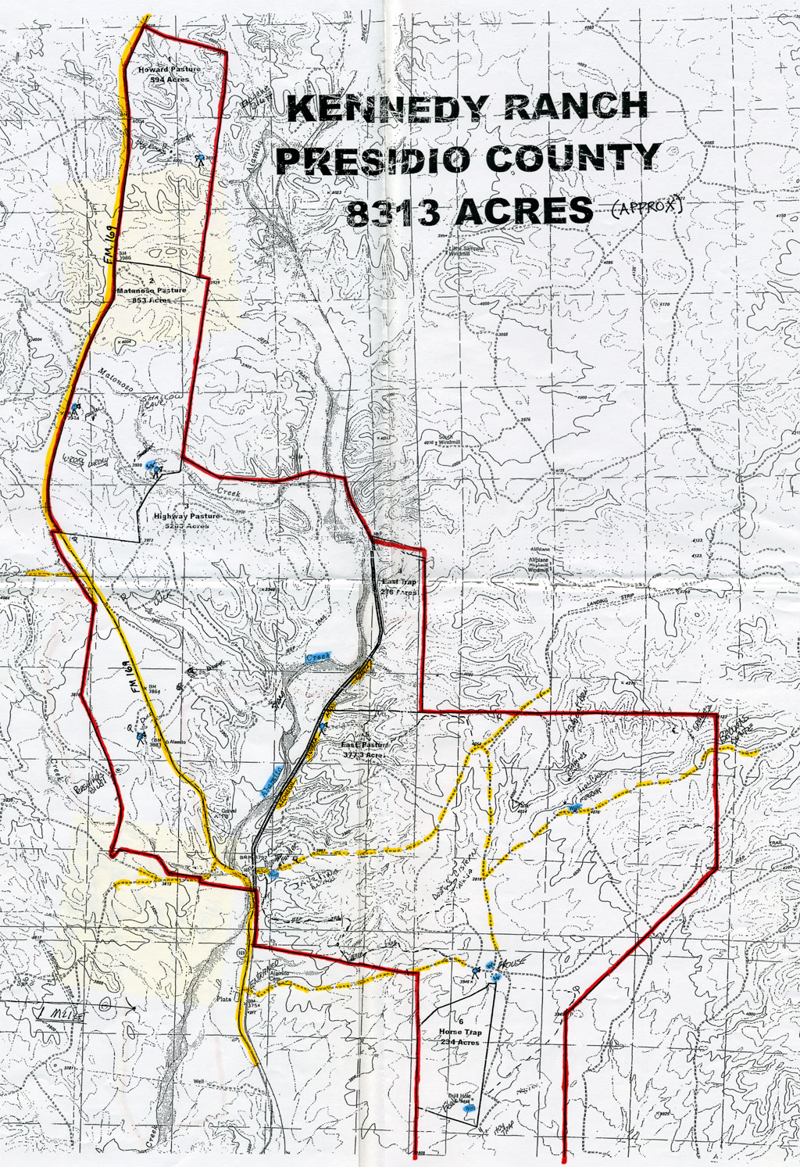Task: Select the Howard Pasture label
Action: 170,70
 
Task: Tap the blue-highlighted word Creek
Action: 320,657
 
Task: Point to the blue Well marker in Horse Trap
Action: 470,1108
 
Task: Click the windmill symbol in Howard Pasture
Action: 200,159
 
